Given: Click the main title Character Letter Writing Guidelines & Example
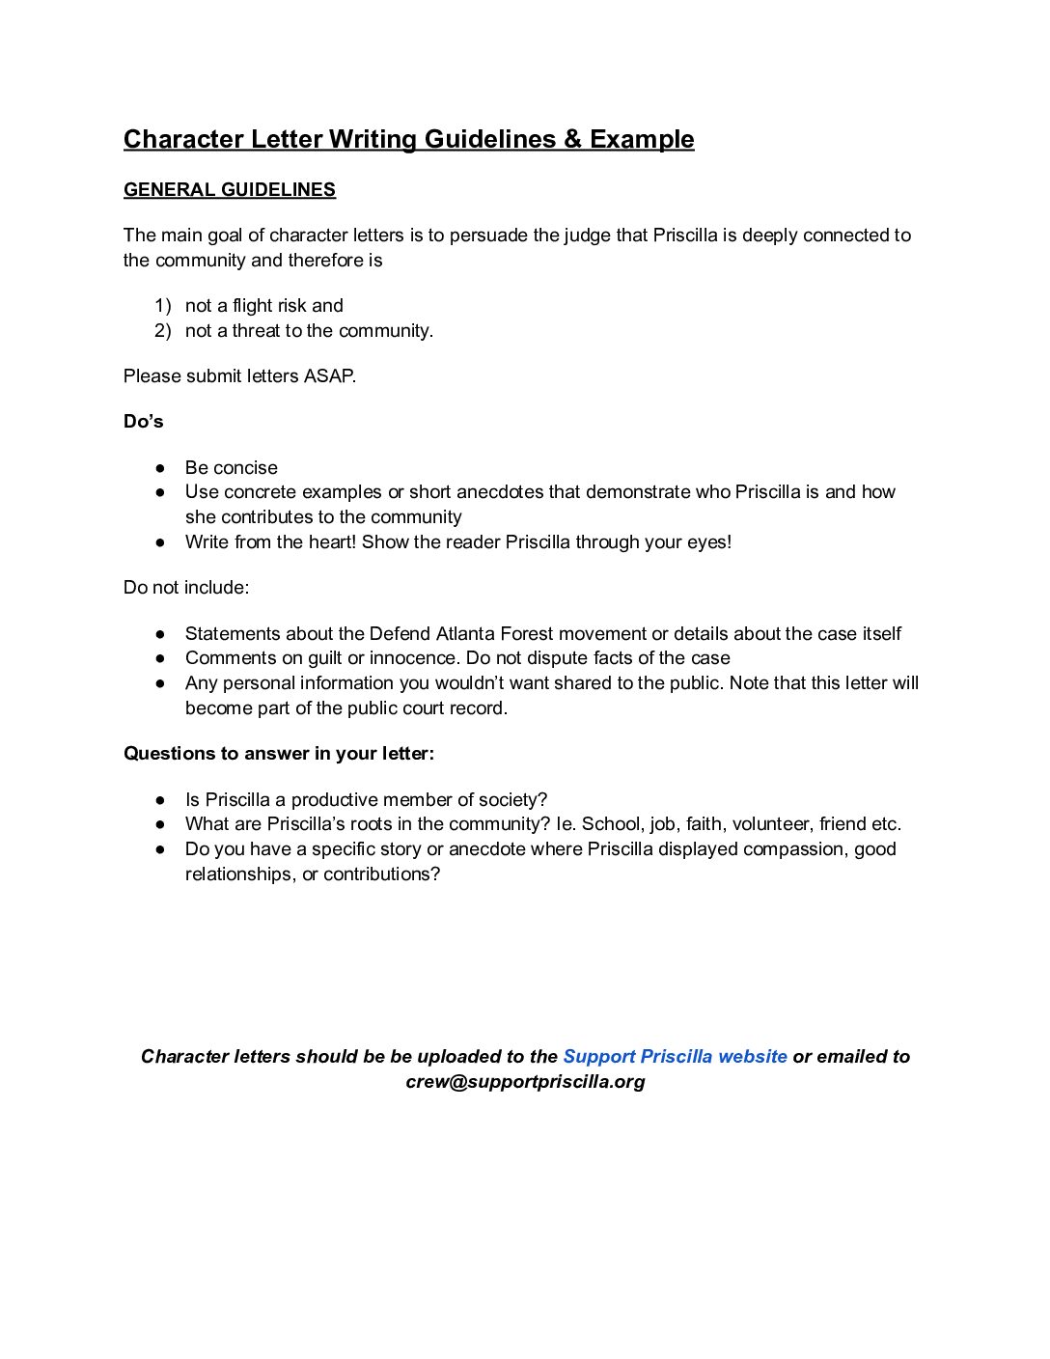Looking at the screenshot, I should point(408,139).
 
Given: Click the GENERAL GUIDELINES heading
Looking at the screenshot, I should point(229,189).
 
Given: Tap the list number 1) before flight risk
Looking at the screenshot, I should point(162,306).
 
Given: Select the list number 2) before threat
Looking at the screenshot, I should point(162,331).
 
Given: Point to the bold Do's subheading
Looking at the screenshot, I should point(143,422).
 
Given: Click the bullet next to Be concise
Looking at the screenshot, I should point(160,468).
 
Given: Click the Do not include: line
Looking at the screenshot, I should point(185,588).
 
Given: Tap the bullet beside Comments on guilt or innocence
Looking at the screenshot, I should point(160,658).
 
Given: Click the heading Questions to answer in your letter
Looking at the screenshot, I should point(278,754).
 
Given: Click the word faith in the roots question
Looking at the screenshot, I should point(704,824).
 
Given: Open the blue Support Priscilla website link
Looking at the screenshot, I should point(675,1057).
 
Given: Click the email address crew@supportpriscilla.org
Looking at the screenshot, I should point(525,1082).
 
